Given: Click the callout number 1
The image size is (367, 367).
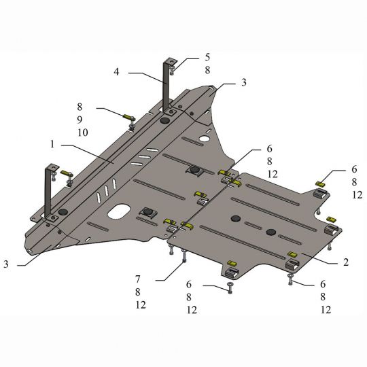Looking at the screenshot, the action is pyautogui.click(x=52, y=144).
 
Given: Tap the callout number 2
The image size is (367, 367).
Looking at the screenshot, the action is pyautogui.click(x=346, y=262).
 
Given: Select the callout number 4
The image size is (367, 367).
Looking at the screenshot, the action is pyautogui.click(x=117, y=71).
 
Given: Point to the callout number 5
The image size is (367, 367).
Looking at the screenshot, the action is pyautogui.click(x=207, y=57).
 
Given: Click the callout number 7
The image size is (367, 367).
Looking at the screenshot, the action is pyautogui.click(x=137, y=279).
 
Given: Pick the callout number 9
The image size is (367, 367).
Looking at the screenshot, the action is pyautogui.click(x=80, y=120).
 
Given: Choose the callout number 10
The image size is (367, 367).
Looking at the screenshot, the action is pyautogui.click(x=83, y=133).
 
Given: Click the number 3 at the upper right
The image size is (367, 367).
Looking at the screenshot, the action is pyautogui.click(x=244, y=82).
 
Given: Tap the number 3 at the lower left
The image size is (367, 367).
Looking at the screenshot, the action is pyautogui.click(x=6, y=264).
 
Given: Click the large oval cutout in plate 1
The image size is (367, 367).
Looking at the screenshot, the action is pyautogui.click(x=119, y=211).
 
